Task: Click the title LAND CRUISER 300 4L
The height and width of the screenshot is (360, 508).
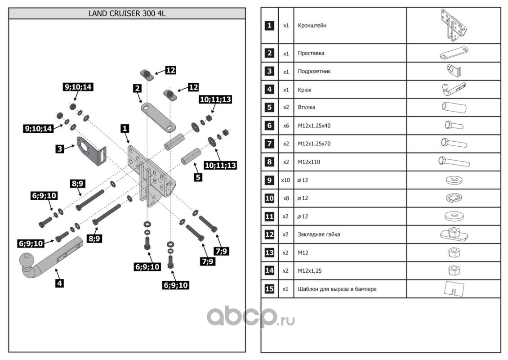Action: point(127,13)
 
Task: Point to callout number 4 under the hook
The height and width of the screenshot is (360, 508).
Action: point(60,283)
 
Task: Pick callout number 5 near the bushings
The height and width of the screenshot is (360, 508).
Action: point(198,177)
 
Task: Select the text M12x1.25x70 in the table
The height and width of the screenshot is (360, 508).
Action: point(314,144)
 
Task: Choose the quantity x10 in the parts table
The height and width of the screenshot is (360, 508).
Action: point(285,180)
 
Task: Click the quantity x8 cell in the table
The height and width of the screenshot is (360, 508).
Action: point(285,198)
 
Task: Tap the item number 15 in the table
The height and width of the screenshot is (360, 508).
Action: point(269,289)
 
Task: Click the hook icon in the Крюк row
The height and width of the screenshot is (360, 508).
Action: point(452,89)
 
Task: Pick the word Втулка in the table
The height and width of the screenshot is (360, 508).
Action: point(307,108)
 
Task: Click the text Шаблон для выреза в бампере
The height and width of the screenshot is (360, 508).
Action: point(337,289)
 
